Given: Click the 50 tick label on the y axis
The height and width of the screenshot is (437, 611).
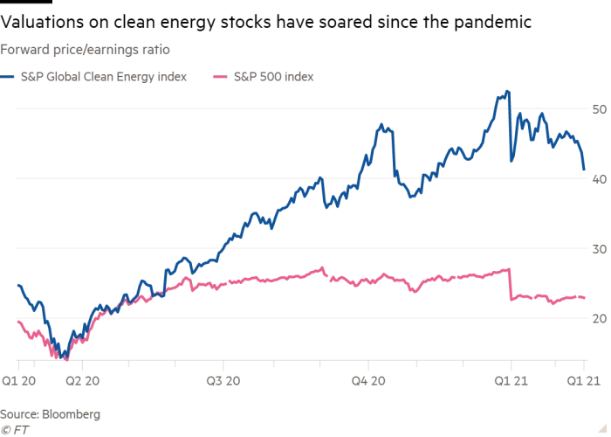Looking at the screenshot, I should coord(599,110).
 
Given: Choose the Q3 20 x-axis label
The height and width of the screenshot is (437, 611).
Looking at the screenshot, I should coord(224,381).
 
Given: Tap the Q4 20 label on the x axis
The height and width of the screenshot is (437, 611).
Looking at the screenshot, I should coord(368,381).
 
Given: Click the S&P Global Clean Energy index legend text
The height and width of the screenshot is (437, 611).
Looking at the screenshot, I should coord(103,77).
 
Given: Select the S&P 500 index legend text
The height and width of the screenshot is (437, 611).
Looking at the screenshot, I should coord(273,77).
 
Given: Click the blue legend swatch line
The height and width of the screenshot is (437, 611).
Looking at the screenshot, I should coord(9,77).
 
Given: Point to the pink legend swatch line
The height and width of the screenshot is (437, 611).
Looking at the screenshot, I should coord(221,77).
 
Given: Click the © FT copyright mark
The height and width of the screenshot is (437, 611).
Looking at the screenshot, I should coord(13,429).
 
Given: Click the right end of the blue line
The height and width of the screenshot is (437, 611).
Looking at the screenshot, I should coord(584,169).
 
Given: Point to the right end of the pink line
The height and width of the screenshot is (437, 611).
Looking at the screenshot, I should coord(584,298).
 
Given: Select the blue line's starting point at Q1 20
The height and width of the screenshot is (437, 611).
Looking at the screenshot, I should coord(18,285).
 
